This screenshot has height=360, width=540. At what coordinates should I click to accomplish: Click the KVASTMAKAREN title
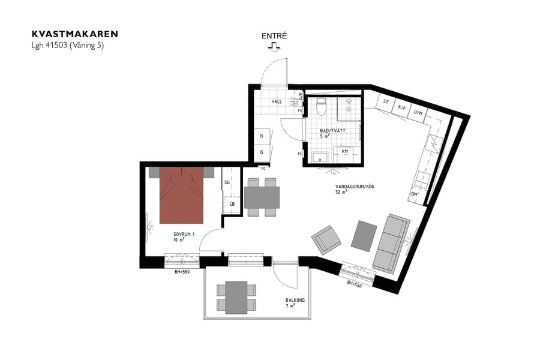[74, 34]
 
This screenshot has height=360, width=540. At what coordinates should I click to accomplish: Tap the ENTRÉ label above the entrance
[274, 36]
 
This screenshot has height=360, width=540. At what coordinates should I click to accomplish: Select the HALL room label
[277, 102]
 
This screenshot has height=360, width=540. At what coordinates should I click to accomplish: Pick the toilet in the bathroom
[321, 107]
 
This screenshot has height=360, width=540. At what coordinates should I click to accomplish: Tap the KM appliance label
[345, 152]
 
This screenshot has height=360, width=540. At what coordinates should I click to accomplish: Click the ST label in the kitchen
[386, 102]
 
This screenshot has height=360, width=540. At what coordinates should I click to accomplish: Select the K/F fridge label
[402, 108]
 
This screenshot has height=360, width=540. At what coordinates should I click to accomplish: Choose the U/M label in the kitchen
[419, 113]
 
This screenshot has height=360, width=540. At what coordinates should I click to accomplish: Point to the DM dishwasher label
[414, 194]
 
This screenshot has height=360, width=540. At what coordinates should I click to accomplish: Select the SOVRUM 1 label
[184, 234]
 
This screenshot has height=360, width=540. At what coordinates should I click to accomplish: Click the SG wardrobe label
[227, 182]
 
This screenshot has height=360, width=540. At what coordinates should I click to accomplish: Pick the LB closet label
[231, 204]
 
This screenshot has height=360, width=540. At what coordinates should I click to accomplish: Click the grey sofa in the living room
[391, 242]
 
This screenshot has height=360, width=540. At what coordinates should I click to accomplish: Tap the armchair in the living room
[326, 239]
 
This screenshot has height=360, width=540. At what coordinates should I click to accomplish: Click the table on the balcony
[236, 297]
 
